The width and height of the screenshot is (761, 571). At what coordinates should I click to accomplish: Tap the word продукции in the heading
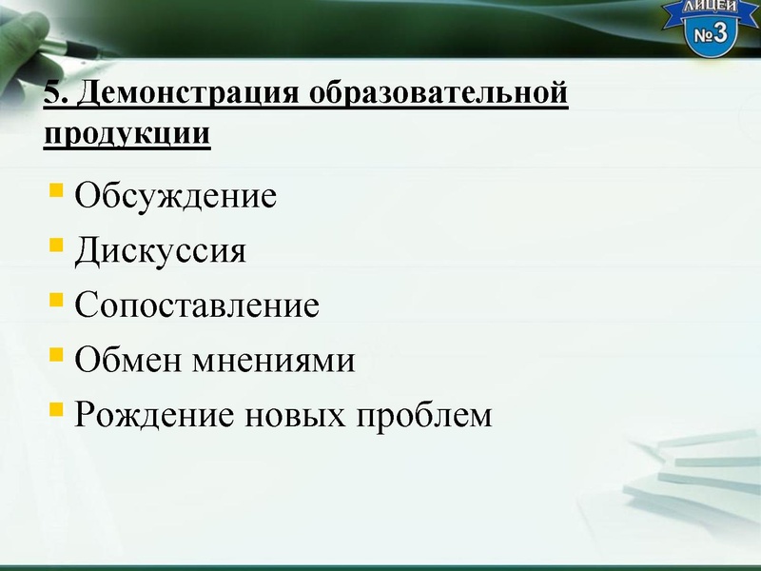(x=127, y=133)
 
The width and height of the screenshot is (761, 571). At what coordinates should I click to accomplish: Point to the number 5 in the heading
(x=52, y=95)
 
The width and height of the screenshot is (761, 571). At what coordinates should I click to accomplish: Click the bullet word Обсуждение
(x=176, y=197)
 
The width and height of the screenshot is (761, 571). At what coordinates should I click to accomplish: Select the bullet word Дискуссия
(x=161, y=252)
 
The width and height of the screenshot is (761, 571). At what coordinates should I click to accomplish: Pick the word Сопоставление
(x=197, y=306)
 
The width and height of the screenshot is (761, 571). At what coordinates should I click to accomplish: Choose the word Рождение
(x=153, y=416)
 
